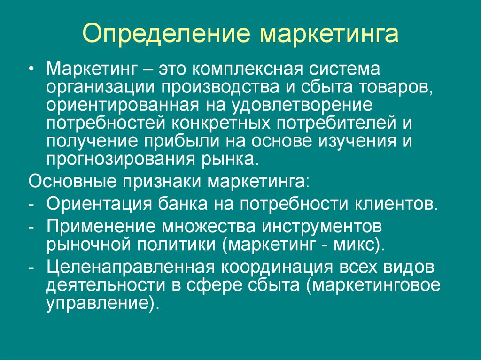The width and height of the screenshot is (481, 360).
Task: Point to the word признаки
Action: (162, 182)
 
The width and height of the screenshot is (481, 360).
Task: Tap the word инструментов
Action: (322, 227)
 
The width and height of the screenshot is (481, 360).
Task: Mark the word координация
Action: (277, 268)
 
